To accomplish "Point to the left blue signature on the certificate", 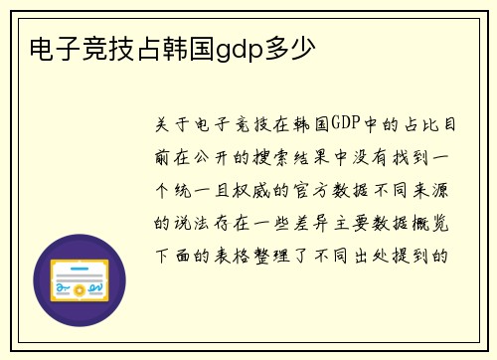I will coord(68,289).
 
